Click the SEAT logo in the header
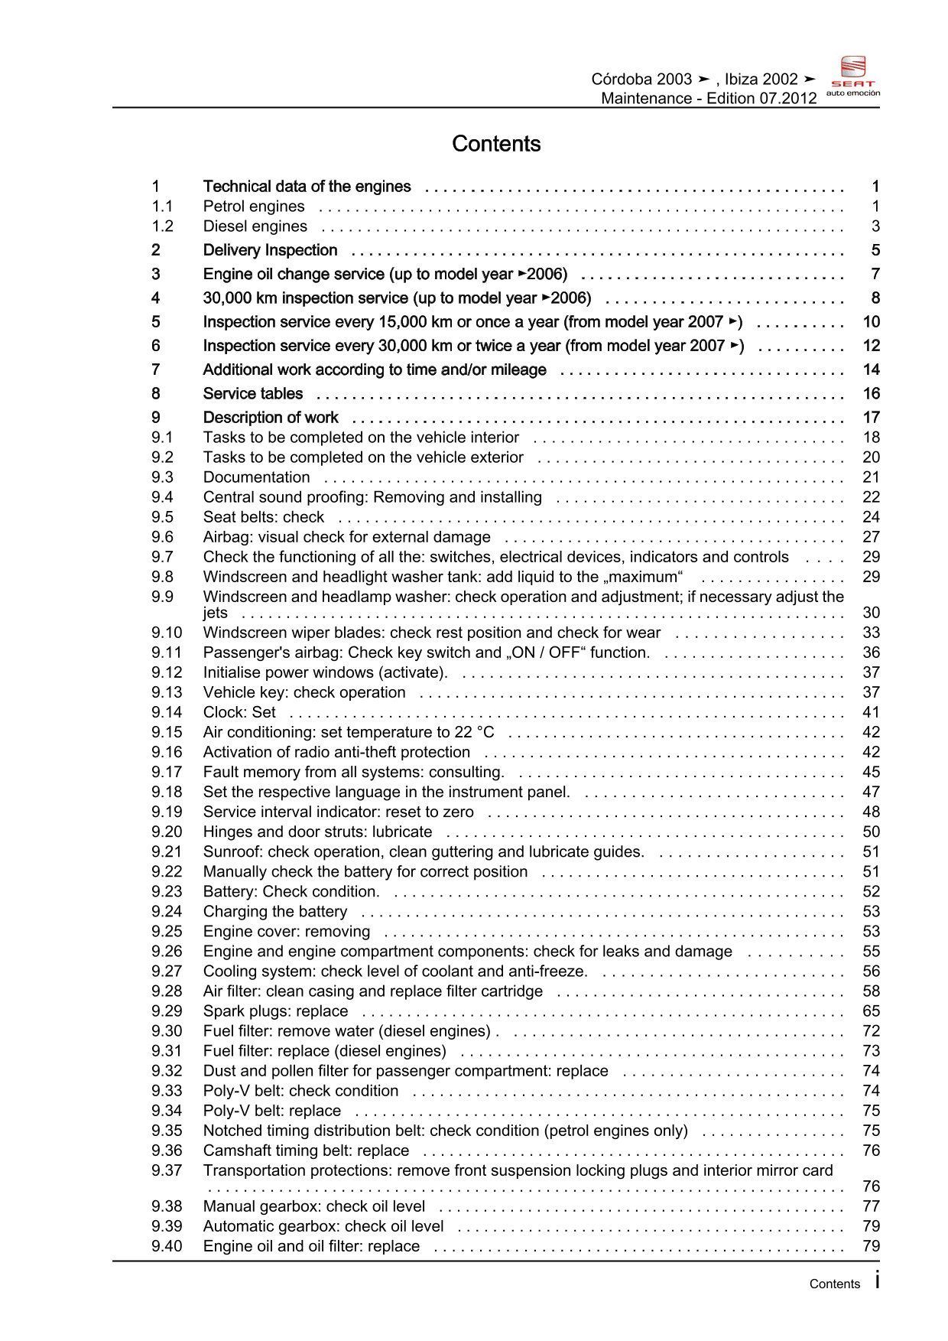pyautogui.click(x=853, y=76)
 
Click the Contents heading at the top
pyautogui.click(x=496, y=144)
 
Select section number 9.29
pyautogui.click(x=167, y=1011)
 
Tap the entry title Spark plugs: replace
pyautogui.click(x=275, y=1011)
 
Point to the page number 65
pyautogui.click(x=871, y=1011)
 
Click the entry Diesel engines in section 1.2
pyautogui.click(x=255, y=226)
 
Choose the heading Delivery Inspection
pyautogui.click(x=270, y=250)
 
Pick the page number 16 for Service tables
pyautogui.click(x=871, y=394)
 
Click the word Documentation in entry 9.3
pyautogui.click(x=256, y=477)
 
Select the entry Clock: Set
pyautogui.click(x=239, y=712)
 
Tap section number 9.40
pyautogui.click(x=167, y=1246)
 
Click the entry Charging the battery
pyautogui.click(x=274, y=912)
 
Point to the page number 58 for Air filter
pyautogui.click(x=871, y=991)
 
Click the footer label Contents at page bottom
pyautogui.click(x=834, y=1284)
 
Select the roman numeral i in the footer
pyautogui.click(x=876, y=1281)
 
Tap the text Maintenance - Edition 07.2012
pyautogui.click(x=709, y=98)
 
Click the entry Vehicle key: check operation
pyautogui.click(x=304, y=692)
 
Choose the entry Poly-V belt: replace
pyautogui.click(x=271, y=1111)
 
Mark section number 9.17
pyautogui.click(x=167, y=772)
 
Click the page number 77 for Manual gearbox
pyautogui.click(x=871, y=1206)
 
